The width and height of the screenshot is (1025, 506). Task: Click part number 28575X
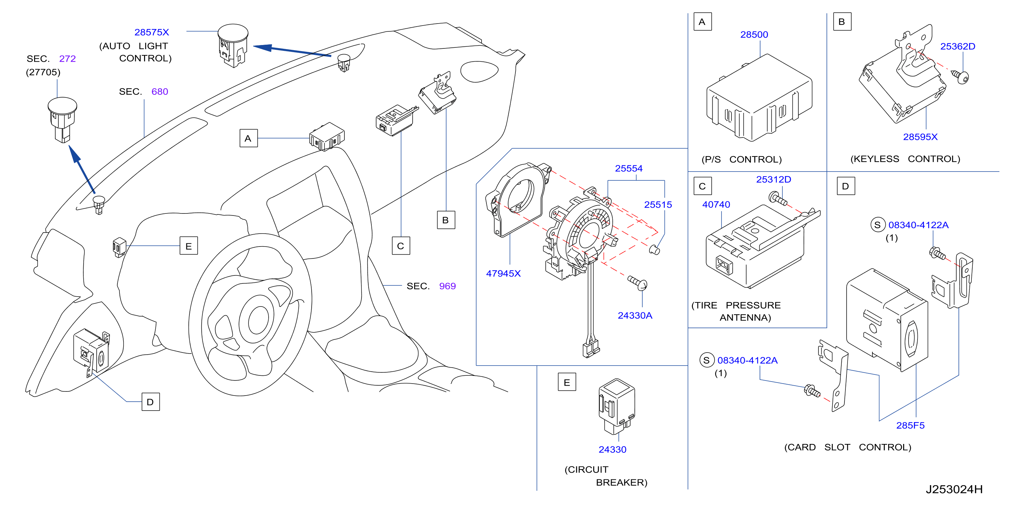click(152, 32)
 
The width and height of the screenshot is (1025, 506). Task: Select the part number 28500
click(754, 34)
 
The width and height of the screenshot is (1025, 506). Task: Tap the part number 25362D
click(957, 46)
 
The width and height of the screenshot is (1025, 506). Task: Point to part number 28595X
click(920, 137)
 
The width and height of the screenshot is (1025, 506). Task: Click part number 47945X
click(503, 273)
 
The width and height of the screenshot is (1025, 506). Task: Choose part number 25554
click(629, 168)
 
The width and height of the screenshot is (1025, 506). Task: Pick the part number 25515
click(658, 205)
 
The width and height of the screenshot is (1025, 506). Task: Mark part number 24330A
click(635, 316)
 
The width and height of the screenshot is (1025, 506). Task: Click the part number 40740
click(716, 205)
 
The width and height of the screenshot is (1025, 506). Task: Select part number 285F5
click(910, 425)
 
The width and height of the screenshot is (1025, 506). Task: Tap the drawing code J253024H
click(954, 489)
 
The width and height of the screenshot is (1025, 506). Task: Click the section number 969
click(447, 286)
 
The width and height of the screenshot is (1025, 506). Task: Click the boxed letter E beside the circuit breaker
click(567, 382)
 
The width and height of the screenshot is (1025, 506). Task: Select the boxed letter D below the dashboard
click(151, 402)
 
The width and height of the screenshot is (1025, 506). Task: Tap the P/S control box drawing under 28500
click(759, 98)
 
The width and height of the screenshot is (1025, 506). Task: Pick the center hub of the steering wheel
click(259, 319)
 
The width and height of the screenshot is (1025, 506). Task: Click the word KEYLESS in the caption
click(874, 159)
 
